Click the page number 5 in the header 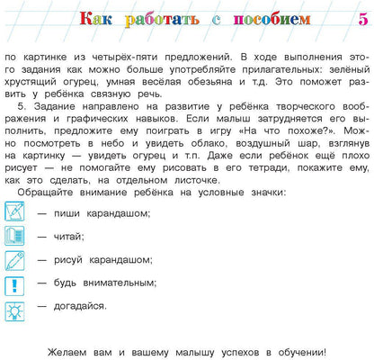click(362, 19)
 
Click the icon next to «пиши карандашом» click(16, 212)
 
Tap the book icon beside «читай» click(16, 237)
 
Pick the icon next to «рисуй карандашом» click(16, 261)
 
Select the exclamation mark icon click(16, 285)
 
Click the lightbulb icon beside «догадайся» click(16, 310)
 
